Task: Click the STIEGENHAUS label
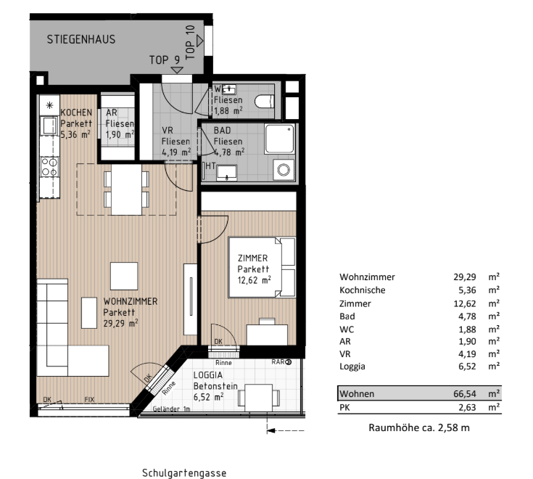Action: click(81, 39)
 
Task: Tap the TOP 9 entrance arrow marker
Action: click(177, 70)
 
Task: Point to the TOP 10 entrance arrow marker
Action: click(199, 41)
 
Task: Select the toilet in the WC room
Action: click(265, 102)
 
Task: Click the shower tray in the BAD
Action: click(279, 139)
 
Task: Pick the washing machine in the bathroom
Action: click(284, 169)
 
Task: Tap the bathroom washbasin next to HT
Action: click(227, 173)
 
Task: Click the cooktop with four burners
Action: click(49, 167)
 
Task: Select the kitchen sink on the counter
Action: click(49, 126)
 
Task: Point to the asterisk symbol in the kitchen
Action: click(49, 105)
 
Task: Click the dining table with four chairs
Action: click(126, 189)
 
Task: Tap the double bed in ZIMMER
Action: click(262, 267)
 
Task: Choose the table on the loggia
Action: click(259, 398)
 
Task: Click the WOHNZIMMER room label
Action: click(131, 301)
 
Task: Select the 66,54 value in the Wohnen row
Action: click(465, 393)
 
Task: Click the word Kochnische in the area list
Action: click(363, 290)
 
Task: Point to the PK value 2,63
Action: click(467, 407)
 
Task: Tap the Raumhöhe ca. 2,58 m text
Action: click(419, 427)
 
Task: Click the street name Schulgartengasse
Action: click(184, 473)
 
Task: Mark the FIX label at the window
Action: click(89, 399)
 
